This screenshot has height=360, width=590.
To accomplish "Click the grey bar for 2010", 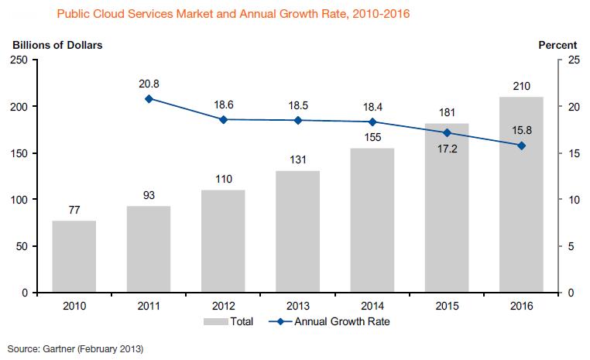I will point(74,256).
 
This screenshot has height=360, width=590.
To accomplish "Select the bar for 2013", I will point(298,231).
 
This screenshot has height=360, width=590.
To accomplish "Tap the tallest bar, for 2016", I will point(521,194).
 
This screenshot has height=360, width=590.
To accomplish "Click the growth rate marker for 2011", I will point(149,98).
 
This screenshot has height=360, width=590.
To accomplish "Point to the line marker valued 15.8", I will point(521,146).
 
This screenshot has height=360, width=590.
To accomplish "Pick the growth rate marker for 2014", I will point(372,122).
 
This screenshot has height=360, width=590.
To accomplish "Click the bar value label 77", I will point(74,209).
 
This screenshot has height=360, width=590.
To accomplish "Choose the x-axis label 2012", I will point(224,305).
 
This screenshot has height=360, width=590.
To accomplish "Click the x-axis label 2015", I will point(447,305).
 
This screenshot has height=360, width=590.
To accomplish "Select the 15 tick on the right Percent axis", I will point(573,153).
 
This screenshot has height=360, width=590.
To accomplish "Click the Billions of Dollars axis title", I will point(57,45).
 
